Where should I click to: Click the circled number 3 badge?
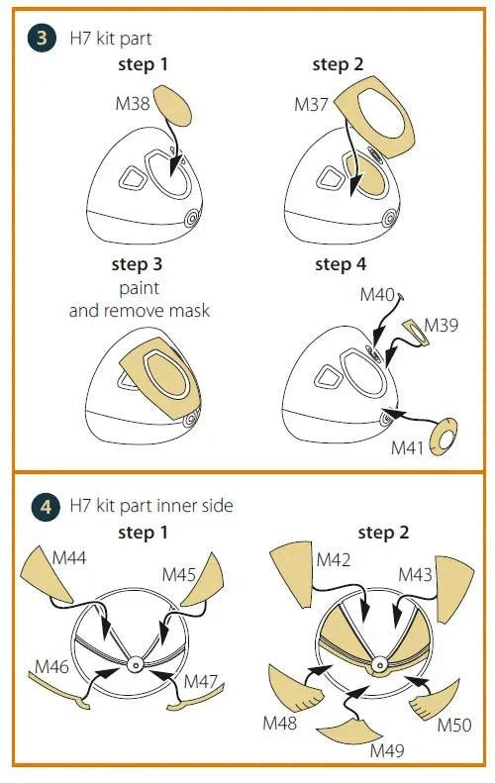(x=42, y=38)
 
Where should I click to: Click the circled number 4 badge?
(x=46, y=507)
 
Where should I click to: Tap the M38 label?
(x=133, y=104)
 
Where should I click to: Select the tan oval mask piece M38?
(x=172, y=105)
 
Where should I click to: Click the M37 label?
(x=311, y=105)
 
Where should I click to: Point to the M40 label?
(x=377, y=294)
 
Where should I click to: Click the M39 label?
(x=442, y=325)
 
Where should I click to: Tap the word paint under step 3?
(x=139, y=289)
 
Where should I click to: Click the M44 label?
(x=69, y=557)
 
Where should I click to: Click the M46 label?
(x=51, y=666)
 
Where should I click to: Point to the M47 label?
(x=201, y=681)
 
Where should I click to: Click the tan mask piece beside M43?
(x=453, y=588)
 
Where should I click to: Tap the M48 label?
(x=280, y=722)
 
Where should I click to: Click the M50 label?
(x=454, y=724)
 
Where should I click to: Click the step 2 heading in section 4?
(x=383, y=533)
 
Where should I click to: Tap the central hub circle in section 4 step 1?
(x=135, y=664)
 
